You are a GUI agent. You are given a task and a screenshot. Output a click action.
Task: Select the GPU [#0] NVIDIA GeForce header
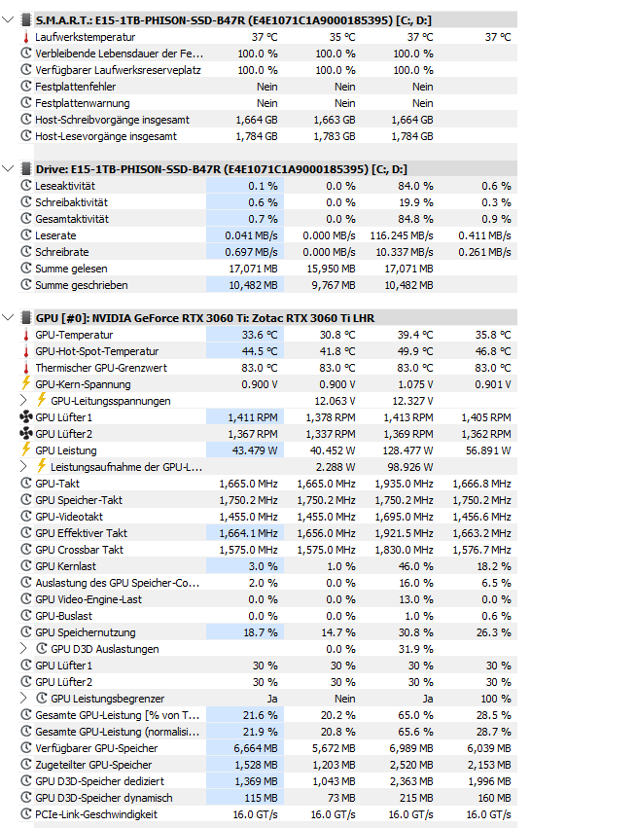point(204,318)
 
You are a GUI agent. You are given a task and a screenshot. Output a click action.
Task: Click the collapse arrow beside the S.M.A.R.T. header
point(9,19)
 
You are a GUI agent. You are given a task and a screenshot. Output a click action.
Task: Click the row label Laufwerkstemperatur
point(86,37)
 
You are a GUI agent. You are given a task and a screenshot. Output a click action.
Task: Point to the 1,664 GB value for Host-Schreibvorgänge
point(257,120)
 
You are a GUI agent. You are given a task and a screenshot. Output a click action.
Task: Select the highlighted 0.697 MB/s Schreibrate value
point(251,252)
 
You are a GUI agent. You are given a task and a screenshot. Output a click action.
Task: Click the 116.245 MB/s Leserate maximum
point(402,235)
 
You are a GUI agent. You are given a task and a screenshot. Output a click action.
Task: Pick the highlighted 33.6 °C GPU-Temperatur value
point(258,335)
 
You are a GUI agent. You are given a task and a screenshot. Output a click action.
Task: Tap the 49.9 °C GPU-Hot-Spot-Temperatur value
point(414,351)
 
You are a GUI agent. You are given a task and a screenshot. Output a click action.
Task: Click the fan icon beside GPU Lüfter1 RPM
point(25,417)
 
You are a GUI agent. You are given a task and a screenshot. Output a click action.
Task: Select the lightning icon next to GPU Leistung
point(25,450)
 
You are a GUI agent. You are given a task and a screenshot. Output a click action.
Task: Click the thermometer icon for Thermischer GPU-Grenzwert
point(25,368)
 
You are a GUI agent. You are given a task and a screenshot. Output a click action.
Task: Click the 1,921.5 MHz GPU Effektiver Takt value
point(403,533)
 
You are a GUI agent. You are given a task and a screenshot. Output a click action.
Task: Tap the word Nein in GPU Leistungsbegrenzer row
point(343,699)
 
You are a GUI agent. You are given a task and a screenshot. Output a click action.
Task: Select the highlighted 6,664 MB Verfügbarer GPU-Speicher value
point(256,748)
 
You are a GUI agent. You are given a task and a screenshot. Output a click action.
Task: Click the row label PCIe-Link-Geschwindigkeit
point(95,814)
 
